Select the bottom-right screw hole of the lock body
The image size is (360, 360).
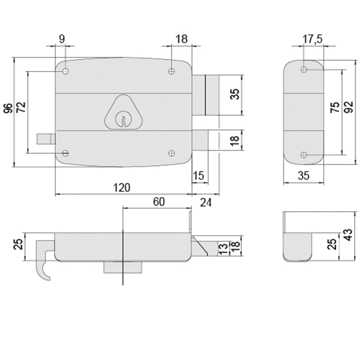pos(172,153)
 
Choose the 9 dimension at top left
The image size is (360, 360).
pos(62,39)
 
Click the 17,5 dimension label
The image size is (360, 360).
pos(312,39)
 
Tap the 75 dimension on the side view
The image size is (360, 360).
pos(334,108)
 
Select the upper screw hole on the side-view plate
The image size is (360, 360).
pos(304,69)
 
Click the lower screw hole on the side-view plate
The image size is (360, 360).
pos(304,155)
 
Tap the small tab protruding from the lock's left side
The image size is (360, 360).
pos(46,139)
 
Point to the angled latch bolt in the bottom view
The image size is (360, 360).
pos(200,246)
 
